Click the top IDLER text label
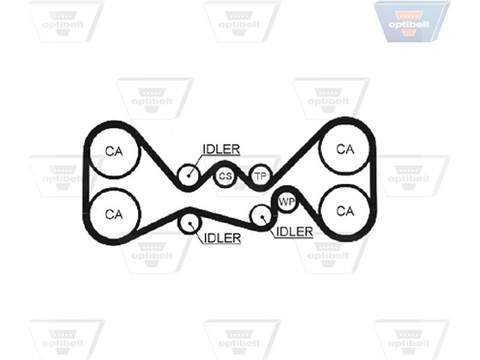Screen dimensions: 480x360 221,149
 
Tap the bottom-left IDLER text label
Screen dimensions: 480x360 222,238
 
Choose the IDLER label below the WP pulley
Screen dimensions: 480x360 295,232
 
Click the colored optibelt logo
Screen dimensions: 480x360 411,22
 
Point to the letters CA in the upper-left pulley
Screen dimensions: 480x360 114,151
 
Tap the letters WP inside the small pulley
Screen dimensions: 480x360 287,202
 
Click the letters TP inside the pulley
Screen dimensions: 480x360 261,176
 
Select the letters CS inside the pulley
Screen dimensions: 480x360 225,176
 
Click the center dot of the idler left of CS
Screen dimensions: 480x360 188,175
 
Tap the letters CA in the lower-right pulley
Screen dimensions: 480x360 345,211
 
